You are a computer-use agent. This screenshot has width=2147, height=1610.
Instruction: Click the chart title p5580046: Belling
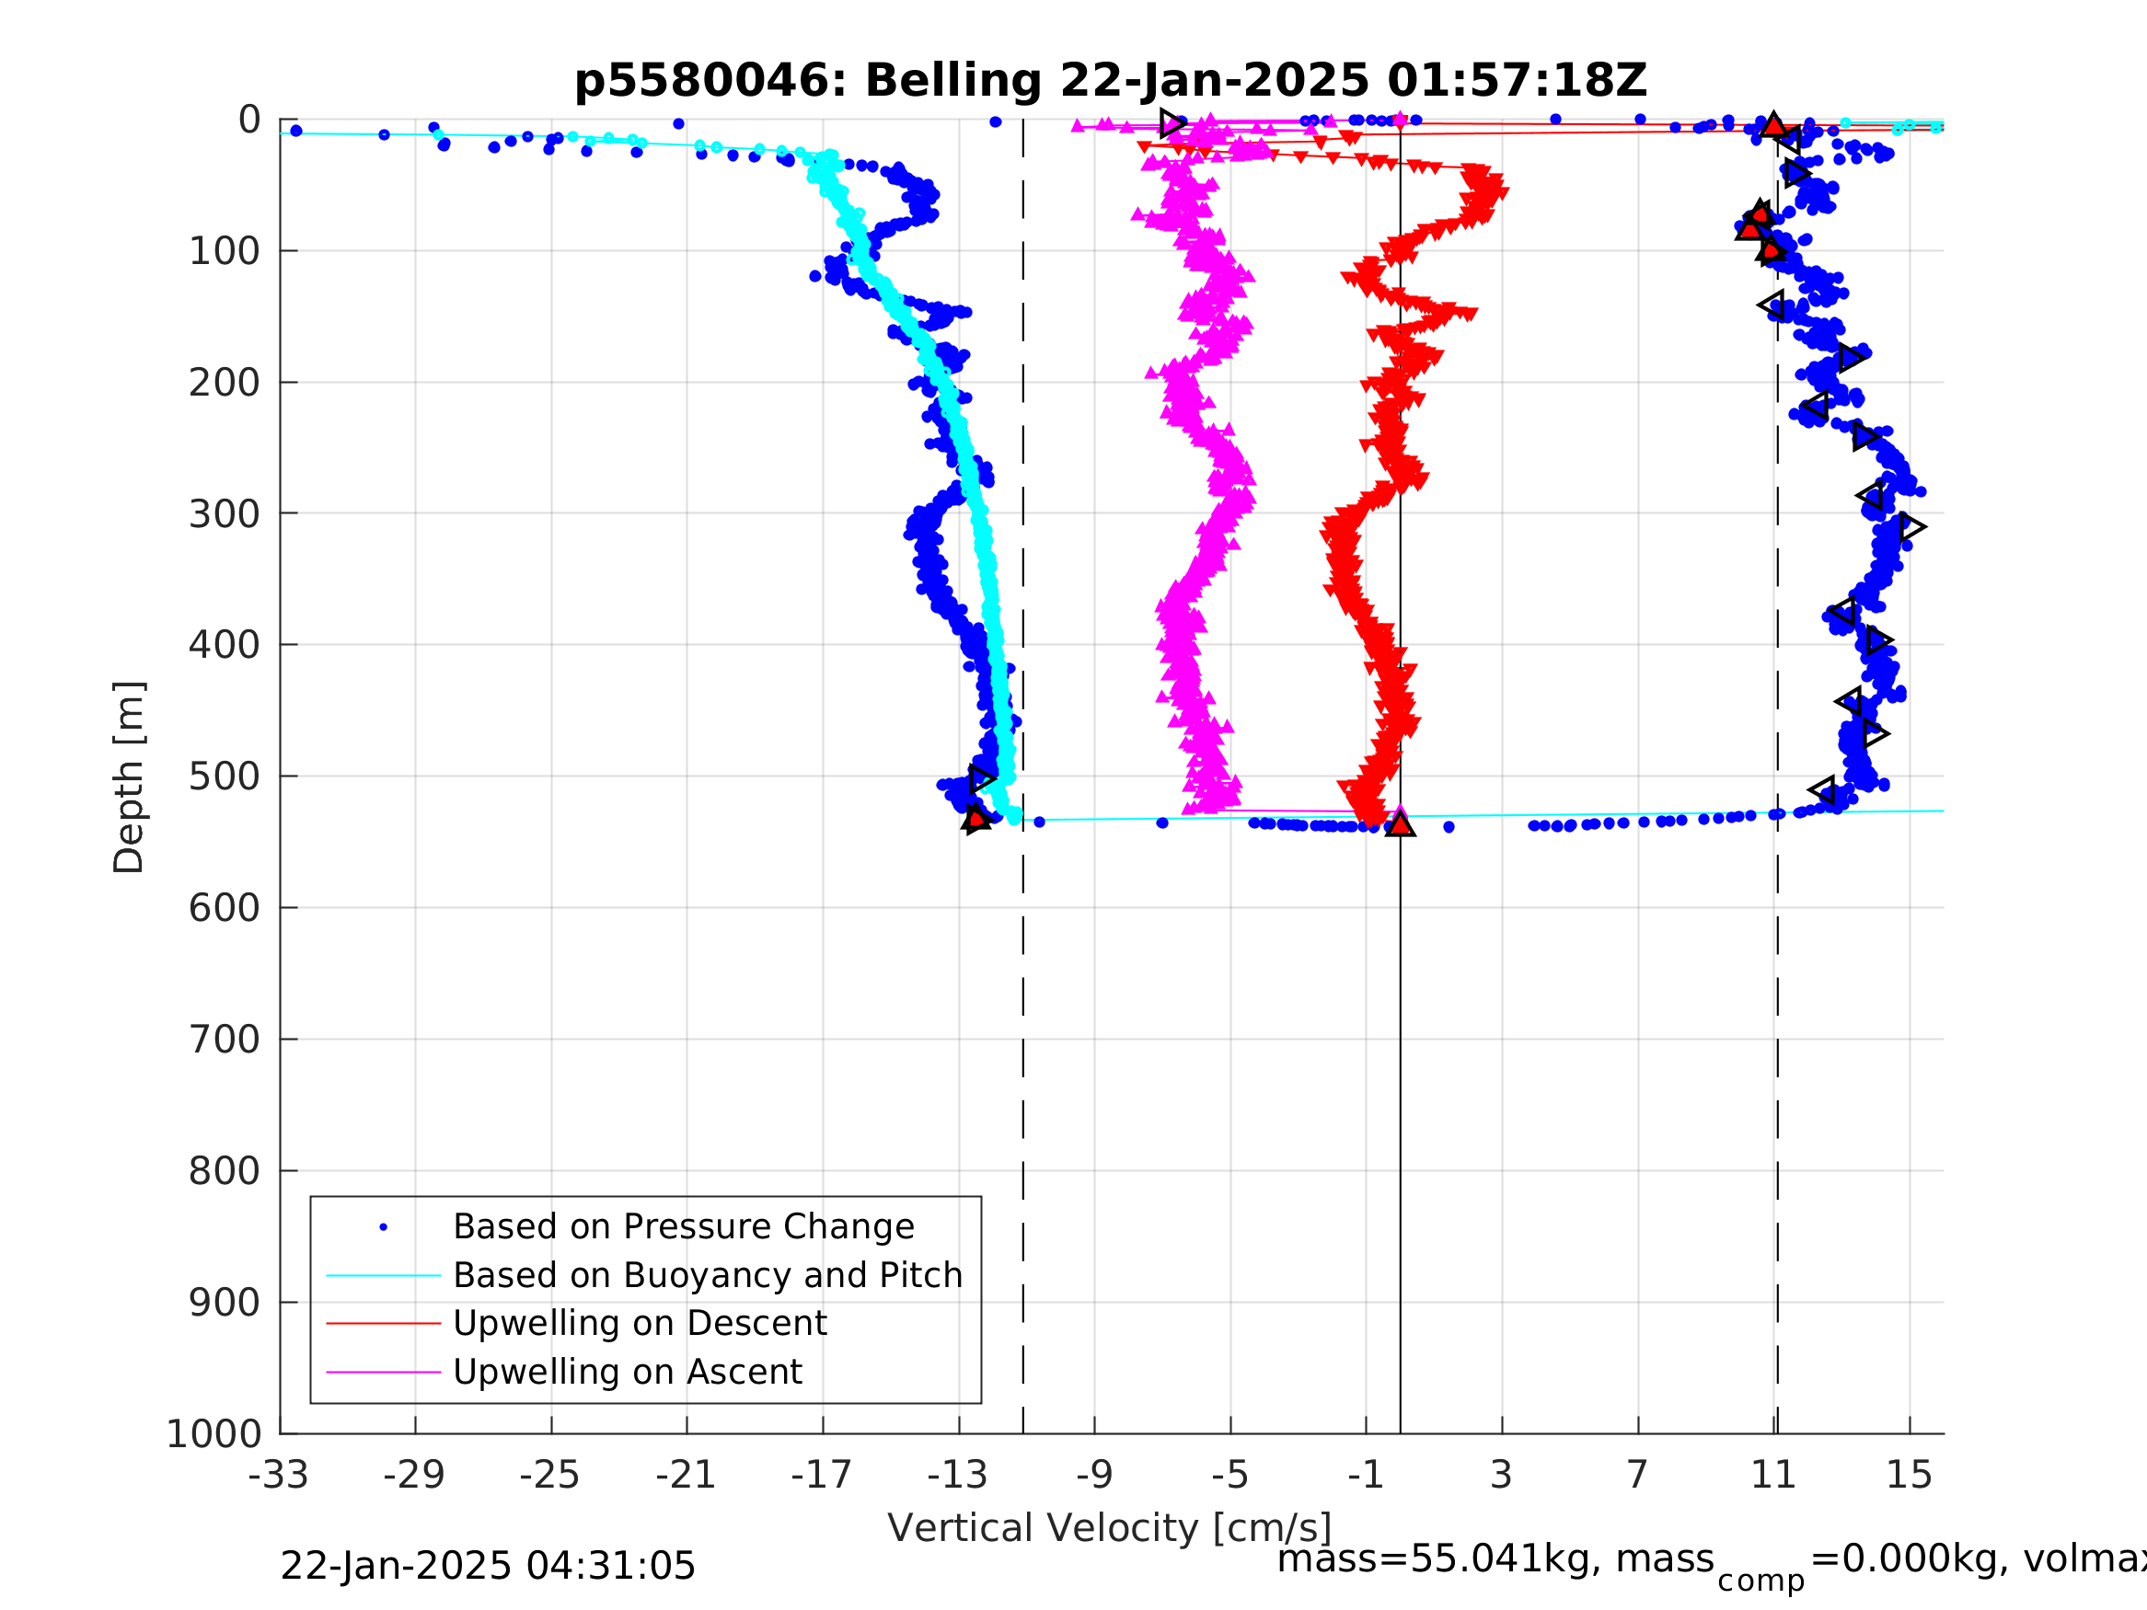(1111, 81)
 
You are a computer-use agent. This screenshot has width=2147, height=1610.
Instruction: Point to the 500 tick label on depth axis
(225, 777)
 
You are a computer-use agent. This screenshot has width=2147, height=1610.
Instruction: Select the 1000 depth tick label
(214, 1434)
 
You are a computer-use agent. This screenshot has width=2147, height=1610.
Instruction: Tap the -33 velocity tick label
(279, 1475)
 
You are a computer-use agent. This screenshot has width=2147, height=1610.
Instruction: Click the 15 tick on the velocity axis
(1909, 1475)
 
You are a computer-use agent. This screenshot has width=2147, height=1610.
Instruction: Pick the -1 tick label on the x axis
(1365, 1475)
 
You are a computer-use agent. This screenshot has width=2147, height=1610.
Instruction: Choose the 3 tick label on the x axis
(1502, 1475)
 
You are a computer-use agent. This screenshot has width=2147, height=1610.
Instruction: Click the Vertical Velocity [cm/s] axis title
(1110, 1528)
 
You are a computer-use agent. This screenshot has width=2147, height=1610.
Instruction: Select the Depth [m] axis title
(129, 777)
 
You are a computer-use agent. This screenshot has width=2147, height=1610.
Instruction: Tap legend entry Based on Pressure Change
(684, 1226)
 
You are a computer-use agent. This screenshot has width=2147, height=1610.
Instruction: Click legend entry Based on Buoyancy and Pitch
(708, 1275)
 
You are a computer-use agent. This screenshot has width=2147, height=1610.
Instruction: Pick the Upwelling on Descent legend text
(640, 1324)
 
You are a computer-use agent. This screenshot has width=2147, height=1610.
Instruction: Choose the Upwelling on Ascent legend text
(627, 1373)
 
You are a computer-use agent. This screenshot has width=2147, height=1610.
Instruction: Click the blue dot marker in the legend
(384, 1227)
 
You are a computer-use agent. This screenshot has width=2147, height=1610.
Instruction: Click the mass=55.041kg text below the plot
(1495, 1559)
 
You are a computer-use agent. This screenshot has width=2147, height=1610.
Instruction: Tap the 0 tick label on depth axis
(249, 121)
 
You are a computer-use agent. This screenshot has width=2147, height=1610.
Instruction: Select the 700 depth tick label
(225, 1041)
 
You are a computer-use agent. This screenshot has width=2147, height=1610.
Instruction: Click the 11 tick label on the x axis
(1773, 1475)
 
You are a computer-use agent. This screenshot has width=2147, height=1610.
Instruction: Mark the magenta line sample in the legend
(384, 1373)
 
